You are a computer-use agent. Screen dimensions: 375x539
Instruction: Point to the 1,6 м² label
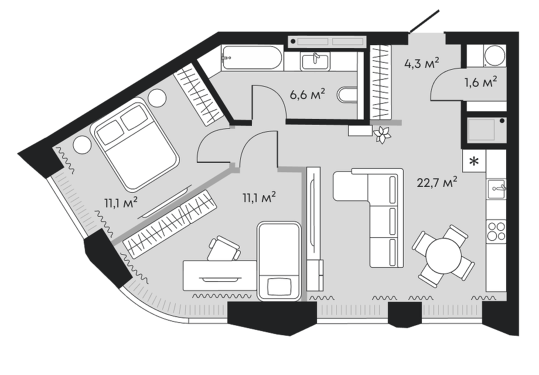[x=480, y=81]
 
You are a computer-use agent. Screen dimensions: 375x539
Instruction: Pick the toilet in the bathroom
[x=349, y=96]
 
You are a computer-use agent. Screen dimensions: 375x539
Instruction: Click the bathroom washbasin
[x=315, y=60]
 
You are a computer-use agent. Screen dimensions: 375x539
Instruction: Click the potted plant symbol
[x=383, y=134]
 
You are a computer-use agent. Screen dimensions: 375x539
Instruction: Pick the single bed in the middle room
[x=279, y=261]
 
